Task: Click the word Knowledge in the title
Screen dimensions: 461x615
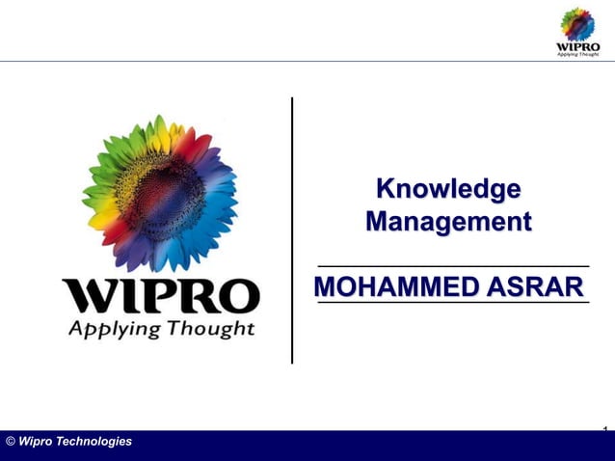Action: (x=448, y=188)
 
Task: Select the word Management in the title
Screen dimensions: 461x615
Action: (x=448, y=223)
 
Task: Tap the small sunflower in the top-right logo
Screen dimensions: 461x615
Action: (x=578, y=22)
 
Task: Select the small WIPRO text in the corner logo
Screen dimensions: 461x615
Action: (x=578, y=45)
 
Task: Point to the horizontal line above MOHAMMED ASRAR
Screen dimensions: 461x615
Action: (x=453, y=264)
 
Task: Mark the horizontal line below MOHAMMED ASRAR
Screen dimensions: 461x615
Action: (x=453, y=303)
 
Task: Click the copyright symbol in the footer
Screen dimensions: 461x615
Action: (x=10, y=442)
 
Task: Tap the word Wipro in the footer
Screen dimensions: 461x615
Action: (x=36, y=442)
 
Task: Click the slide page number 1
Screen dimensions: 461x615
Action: (x=604, y=427)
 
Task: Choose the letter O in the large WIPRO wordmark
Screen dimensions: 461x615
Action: (x=236, y=297)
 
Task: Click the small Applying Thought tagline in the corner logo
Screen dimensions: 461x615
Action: (x=578, y=54)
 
